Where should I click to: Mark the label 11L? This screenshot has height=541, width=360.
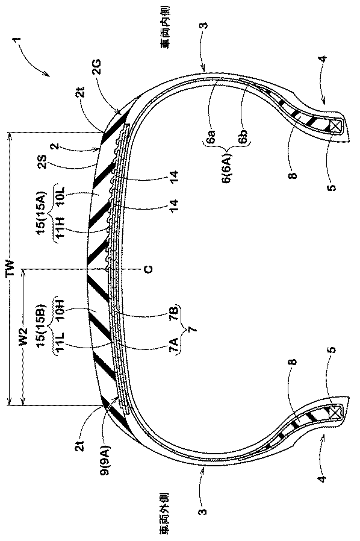58,345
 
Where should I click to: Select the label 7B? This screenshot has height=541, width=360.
176,313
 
